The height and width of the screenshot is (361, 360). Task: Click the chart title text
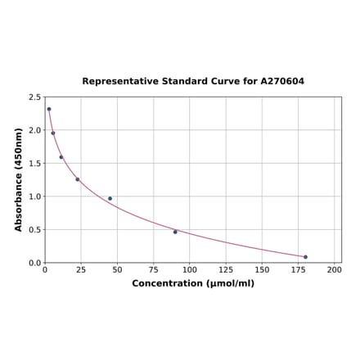point(193,82)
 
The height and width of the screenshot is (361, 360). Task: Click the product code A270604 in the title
point(282,82)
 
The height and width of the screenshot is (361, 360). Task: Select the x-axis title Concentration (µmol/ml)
point(193,283)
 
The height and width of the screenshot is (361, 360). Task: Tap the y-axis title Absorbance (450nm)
point(19,179)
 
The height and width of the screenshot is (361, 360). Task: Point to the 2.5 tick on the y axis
point(35,97)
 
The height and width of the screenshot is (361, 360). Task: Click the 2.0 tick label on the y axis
point(35,130)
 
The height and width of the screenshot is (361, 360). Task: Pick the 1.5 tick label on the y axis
point(35,164)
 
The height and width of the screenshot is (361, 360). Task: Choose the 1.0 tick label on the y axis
point(35,196)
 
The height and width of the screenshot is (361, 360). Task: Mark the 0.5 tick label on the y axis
point(35,230)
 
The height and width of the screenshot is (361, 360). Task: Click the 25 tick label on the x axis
point(81,269)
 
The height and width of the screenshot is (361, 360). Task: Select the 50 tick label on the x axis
point(117,269)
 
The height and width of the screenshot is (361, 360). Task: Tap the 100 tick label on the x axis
point(189,269)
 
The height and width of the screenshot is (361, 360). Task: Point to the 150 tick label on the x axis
point(262,269)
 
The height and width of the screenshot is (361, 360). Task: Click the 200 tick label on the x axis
point(334,269)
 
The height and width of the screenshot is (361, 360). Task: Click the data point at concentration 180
point(305,257)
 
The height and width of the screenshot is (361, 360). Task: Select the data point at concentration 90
point(175,232)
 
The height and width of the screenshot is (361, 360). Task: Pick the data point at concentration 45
point(110,198)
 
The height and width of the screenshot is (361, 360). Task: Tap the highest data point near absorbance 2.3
point(49,109)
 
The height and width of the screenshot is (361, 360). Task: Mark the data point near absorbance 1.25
point(78,179)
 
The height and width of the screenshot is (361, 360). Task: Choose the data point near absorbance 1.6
point(61,157)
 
